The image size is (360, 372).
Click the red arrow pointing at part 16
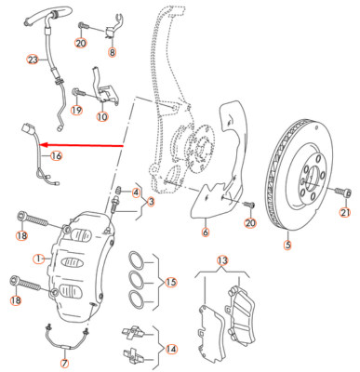click(x=82, y=145)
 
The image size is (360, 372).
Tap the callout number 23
click(x=33, y=60)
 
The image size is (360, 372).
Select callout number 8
click(x=113, y=52)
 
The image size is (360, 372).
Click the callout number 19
click(x=76, y=110)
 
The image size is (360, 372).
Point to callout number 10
click(x=102, y=117)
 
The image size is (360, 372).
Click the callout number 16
click(x=57, y=155)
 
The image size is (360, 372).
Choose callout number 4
click(x=136, y=193)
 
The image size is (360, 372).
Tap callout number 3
click(x=151, y=202)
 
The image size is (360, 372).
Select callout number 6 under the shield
click(x=206, y=232)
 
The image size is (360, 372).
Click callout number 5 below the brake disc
click(x=287, y=245)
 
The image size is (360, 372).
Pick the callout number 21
click(x=345, y=213)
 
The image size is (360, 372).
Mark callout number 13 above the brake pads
click(x=222, y=260)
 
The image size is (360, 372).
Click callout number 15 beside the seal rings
click(x=171, y=283)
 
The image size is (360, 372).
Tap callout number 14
click(x=171, y=349)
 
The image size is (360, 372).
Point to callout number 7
click(x=65, y=363)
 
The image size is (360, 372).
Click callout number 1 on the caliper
click(x=38, y=259)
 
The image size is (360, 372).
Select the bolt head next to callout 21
click(x=348, y=193)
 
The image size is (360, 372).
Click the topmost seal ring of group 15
click(x=136, y=259)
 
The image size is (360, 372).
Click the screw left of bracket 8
click(x=83, y=25)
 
